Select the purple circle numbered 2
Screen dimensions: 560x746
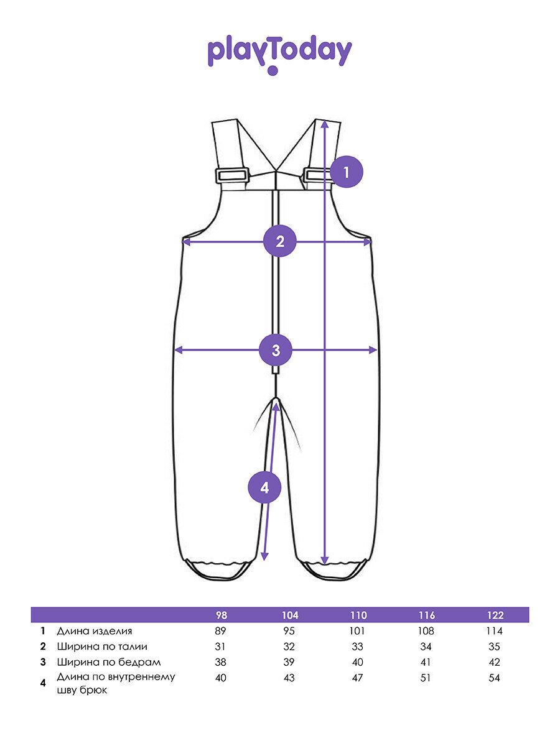tap(280, 241)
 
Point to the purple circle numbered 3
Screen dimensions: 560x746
tap(276, 350)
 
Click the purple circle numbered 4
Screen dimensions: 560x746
tap(264, 487)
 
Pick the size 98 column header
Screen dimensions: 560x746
tap(221, 615)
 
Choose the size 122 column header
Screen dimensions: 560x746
tap(495, 615)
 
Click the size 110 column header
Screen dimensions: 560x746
tap(358, 615)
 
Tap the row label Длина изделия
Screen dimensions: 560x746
tap(94, 631)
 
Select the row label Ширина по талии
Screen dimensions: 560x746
tap(102, 647)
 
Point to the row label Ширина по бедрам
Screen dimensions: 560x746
tap(108, 662)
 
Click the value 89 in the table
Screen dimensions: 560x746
tap(221, 631)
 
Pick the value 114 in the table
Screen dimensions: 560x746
tap(495, 631)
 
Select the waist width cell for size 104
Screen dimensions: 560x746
tap(290, 647)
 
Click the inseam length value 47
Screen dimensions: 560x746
tap(358, 678)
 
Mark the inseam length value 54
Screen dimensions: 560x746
tap(495, 678)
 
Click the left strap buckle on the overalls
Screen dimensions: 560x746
tap(232, 175)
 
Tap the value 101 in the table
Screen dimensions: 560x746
tap(358, 631)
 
